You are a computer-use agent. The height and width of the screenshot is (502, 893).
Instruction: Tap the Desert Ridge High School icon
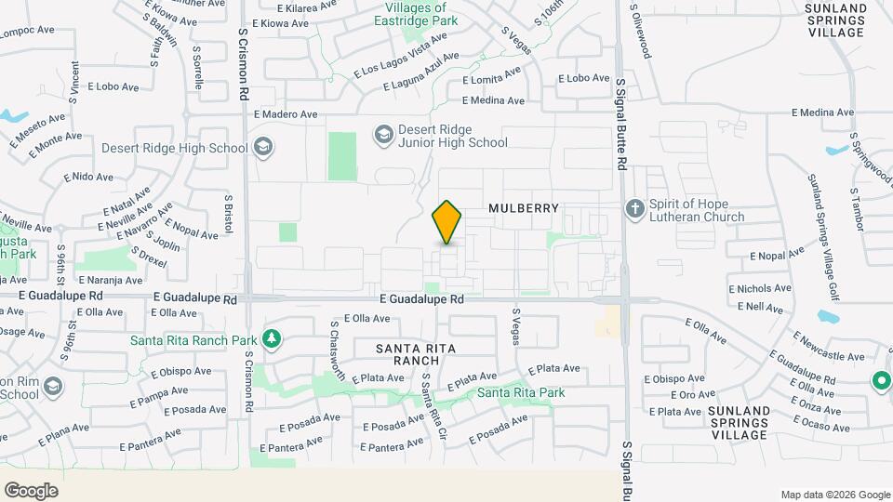(x=262, y=147)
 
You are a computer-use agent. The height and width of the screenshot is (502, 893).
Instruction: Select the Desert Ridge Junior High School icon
(x=383, y=136)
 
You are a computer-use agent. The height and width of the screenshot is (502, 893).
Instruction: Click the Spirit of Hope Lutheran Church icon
(x=635, y=208)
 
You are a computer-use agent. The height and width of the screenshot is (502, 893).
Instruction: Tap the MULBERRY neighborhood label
(x=524, y=209)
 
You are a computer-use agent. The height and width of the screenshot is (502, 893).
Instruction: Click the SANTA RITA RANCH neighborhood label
(x=407, y=353)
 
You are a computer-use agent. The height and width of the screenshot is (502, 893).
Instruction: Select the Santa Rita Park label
(x=521, y=392)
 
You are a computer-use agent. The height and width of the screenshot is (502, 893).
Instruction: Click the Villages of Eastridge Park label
(x=416, y=13)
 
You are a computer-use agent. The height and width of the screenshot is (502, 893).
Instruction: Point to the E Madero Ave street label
(x=286, y=114)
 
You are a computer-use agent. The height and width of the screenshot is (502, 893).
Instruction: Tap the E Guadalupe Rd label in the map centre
(x=421, y=299)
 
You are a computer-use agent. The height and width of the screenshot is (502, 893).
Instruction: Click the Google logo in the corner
(x=31, y=490)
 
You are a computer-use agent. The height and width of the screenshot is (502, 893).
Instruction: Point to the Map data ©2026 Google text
(x=834, y=495)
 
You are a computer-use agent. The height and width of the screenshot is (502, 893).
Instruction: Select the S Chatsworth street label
(x=338, y=351)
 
